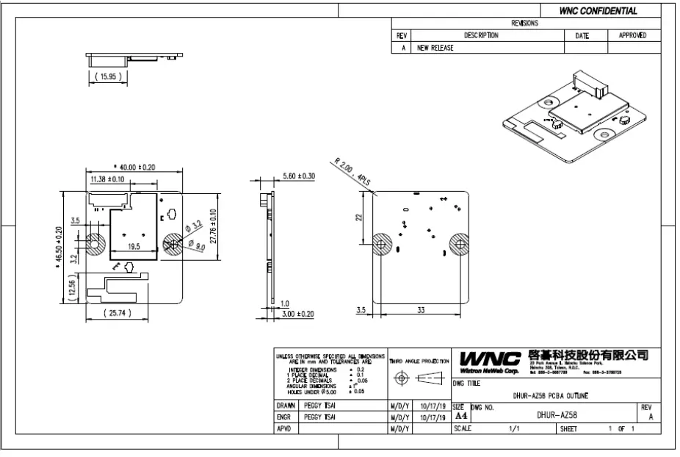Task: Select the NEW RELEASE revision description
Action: click(x=435, y=48)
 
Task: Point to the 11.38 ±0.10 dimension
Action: click(x=107, y=179)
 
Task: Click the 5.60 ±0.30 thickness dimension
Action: click(x=299, y=176)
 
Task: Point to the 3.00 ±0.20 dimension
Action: click(x=299, y=314)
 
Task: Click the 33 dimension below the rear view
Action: click(x=421, y=310)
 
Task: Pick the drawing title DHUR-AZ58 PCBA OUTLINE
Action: click(x=549, y=395)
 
